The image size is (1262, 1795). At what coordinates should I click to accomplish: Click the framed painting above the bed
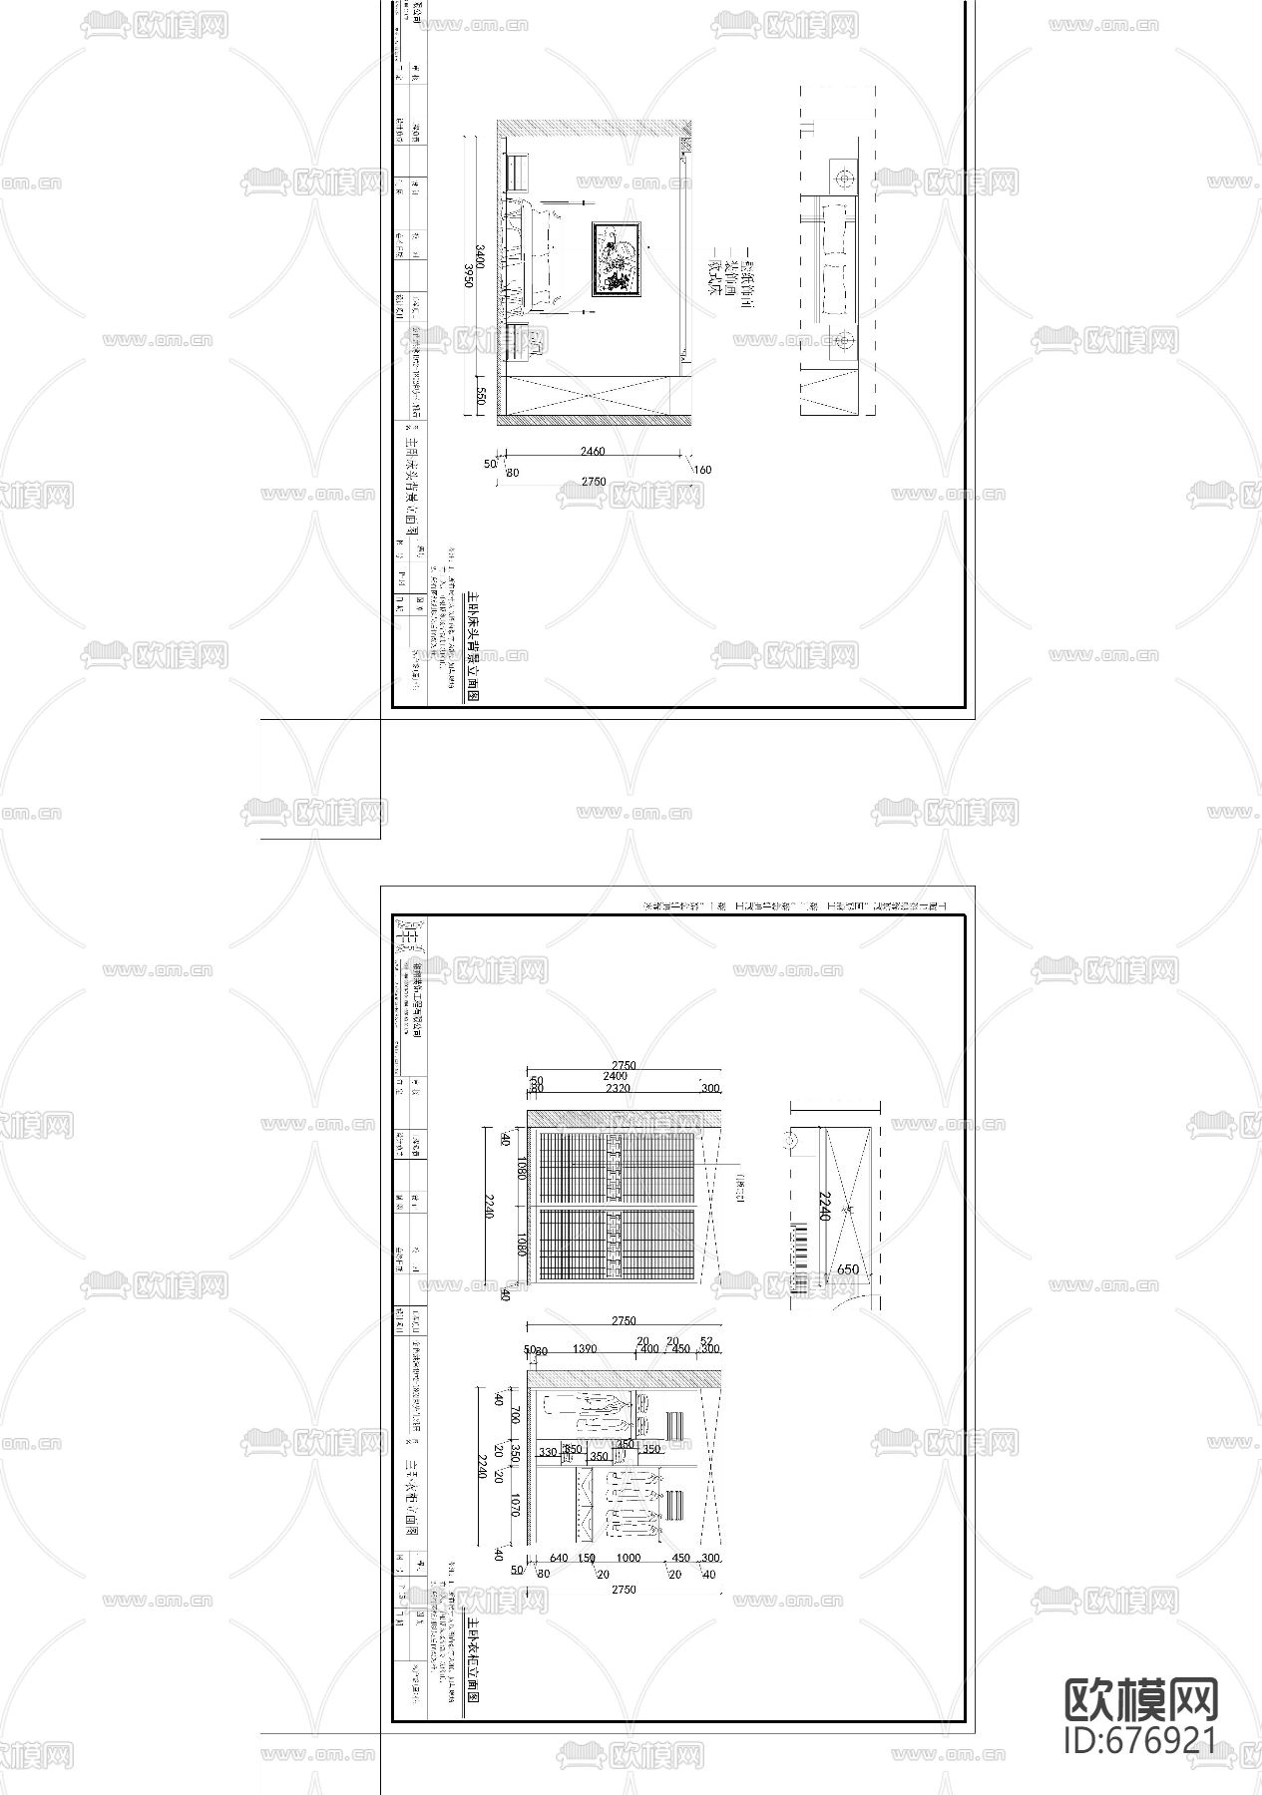click(618, 259)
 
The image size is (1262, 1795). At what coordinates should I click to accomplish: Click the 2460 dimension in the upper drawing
click(592, 452)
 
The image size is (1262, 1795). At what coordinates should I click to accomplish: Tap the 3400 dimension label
click(481, 257)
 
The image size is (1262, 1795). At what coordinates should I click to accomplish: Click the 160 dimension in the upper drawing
click(701, 470)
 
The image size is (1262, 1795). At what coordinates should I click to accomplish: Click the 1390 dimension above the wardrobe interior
click(585, 1349)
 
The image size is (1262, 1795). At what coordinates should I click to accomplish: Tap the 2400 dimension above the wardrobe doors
click(615, 1077)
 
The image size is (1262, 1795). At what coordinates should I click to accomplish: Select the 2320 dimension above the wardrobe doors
click(618, 1089)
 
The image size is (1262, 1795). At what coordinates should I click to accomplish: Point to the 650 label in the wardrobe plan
click(847, 1269)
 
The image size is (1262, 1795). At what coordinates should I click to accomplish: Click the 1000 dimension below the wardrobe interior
click(628, 1559)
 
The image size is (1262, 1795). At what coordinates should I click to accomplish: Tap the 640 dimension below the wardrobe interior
click(558, 1559)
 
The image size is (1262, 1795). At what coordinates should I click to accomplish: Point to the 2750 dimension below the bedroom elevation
click(593, 482)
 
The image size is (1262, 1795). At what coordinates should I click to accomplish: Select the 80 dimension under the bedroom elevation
click(512, 473)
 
